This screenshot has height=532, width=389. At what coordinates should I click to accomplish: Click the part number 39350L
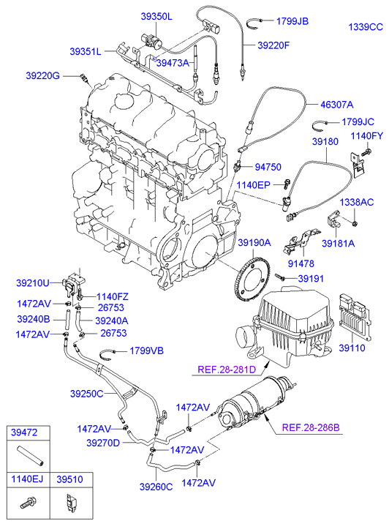tap(156, 16)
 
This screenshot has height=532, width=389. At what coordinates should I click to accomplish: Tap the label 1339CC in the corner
tap(366, 27)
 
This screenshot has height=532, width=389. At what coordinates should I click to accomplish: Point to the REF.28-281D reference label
tap(227, 369)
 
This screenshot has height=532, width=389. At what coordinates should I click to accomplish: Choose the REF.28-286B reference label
tap(311, 427)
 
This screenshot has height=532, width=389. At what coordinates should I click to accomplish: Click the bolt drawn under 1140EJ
tap(29, 503)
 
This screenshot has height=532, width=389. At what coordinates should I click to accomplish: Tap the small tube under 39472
tap(30, 456)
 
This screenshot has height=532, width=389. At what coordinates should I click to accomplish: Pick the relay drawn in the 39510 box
tap(70, 503)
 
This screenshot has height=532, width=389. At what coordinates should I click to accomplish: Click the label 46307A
tap(337, 105)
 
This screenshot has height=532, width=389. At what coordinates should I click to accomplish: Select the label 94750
tap(268, 167)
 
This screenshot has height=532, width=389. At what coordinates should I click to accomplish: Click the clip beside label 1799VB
tap(109, 353)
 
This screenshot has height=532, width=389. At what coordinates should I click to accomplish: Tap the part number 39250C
tap(86, 394)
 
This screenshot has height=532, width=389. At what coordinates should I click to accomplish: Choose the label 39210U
tap(33, 282)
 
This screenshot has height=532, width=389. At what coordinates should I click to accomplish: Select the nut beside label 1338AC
tap(355, 223)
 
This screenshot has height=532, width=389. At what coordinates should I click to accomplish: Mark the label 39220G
tap(42, 75)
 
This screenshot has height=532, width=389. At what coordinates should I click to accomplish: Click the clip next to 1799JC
tap(319, 126)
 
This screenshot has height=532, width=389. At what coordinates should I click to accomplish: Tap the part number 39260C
tap(156, 487)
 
